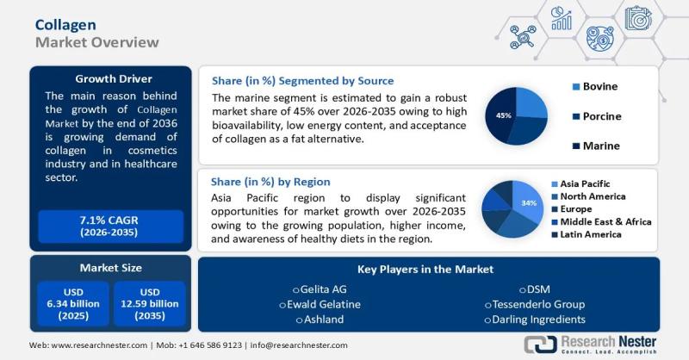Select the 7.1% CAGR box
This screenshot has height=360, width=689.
109,227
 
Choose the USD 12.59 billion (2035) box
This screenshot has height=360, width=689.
149,303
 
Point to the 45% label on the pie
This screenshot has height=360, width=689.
504,115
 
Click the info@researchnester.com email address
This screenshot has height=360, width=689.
299,344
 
